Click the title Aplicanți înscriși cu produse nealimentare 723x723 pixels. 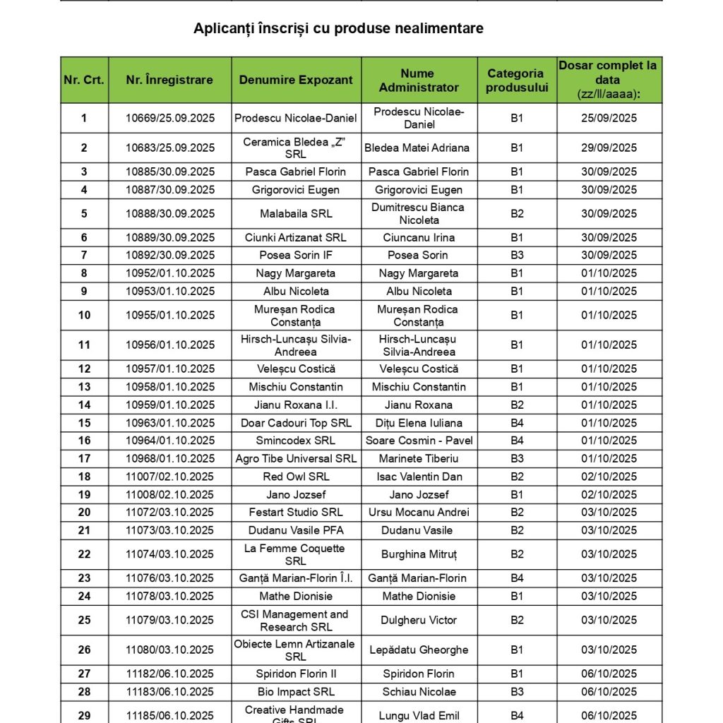pyautogui.click(x=338, y=28)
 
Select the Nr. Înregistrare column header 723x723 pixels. pyautogui.click(x=169, y=80)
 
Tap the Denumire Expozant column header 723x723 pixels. pyautogui.click(x=296, y=80)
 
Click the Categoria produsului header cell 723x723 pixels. pyautogui.click(x=516, y=80)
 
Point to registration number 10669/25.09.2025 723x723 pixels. pyautogui.click(x=170, y=118)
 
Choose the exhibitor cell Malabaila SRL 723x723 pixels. pyautogui.click(x=296, y=213)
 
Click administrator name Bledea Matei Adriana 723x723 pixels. pyautogui.click(x=419, y=148)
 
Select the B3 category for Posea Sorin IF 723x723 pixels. pyautogui.click(x=517, y=255)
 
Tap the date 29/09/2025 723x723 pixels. pyautogui.click(x=609, y=148)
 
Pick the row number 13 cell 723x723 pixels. pyautogui.click(x=84, y=386)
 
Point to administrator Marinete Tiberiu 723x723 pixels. pyautogui.click(x=419, y=458)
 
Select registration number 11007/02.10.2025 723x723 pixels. pyautogui.click(x=170, y=477)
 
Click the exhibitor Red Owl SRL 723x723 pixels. pyautogui.click(x=296, y=477)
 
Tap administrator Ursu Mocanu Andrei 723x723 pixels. pyautogui.click(x=419, y=512)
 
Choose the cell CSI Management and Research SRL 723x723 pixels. pyautogui.click(x=296, y=620)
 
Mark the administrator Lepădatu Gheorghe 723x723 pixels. pyautogui.click(x=419, y=650)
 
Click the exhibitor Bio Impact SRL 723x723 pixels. pyautogui.click(x=296, y=691)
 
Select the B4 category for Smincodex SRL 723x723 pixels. pyautogui.click(x=517, y=441)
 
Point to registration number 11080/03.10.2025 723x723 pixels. pyautogui.click(x=170, y=650)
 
